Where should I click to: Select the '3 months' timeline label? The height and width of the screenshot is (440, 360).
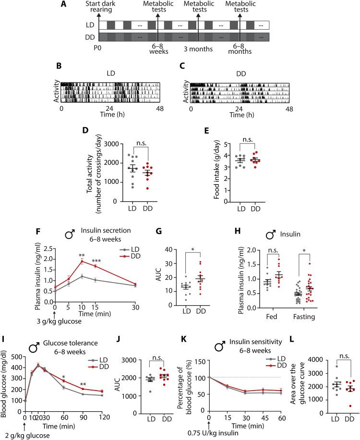[x=198, y=48]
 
